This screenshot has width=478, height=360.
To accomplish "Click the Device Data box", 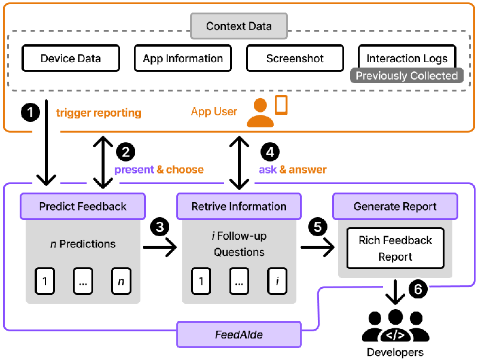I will click(71, 59).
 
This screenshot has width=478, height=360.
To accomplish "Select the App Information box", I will click(183, 59).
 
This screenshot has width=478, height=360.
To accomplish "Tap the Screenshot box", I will click(295, 59).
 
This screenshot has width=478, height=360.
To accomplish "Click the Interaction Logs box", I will click(407, 58).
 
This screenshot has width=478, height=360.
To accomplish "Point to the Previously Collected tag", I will click(407, 76).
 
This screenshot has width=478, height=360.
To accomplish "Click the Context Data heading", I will click(239, 26).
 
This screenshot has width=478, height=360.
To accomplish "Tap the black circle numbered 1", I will click(30, 111).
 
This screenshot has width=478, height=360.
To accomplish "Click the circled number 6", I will click(418, 289).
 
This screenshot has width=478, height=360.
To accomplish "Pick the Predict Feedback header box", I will click(83, 206).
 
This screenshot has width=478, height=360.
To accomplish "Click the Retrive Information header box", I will click(239, 206).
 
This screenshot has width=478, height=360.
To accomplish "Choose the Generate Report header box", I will click(395, 206).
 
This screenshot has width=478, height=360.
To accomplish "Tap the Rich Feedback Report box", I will click(396, 248).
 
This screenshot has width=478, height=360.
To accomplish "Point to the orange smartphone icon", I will click(281, 105).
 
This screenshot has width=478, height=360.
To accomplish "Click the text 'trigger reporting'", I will click(99, 112).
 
